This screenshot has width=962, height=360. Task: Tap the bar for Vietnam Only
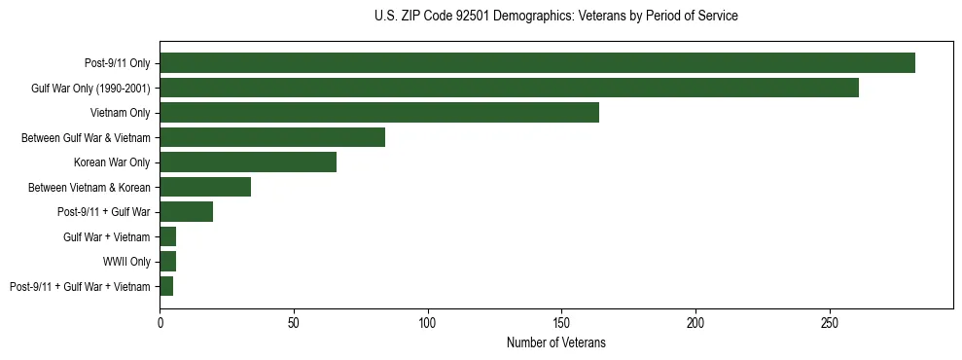point(379,113)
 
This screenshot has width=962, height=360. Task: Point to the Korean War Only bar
point(248,162)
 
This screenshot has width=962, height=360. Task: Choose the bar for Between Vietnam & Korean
point(205,187)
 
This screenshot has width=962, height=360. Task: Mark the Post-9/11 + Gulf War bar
point(187,212)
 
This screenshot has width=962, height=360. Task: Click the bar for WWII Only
point(168,262)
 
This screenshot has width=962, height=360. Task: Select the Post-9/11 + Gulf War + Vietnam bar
point(166,286)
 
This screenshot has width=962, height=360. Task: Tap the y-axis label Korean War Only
point(112,162)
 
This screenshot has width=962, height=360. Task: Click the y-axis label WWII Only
point(126,262)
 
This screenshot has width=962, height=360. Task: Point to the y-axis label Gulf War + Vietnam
point(106,236)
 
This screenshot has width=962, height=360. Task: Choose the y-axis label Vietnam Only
point(121,113)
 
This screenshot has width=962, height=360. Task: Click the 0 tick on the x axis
point(160,320)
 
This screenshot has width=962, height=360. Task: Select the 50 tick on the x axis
point(294,320)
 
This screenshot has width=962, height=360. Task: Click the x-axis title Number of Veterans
point(555,342)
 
